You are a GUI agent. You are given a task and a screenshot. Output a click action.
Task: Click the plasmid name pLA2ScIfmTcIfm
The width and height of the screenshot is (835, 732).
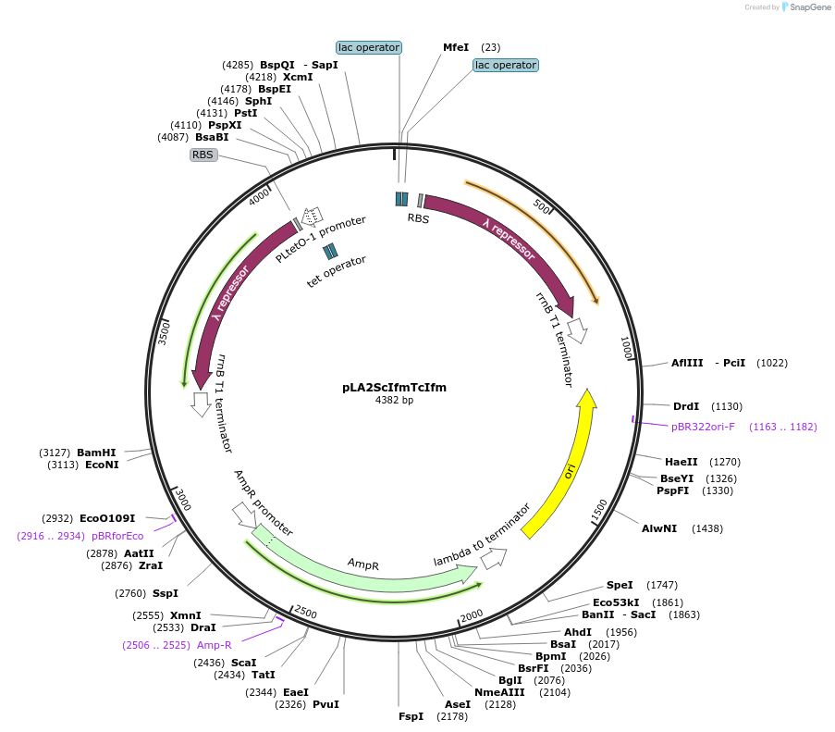[394, 388]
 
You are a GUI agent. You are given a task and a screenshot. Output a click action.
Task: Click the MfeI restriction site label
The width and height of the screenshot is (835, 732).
[456, 47]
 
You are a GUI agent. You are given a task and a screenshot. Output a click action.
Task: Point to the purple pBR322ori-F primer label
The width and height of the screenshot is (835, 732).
[703, 427]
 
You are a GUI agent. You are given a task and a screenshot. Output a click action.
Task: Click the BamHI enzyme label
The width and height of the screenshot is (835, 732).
[96, 453]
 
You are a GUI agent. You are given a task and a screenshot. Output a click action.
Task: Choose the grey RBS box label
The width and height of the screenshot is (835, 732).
[203, 155]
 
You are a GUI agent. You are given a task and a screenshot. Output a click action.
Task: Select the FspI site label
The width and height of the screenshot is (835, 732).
[411, 716]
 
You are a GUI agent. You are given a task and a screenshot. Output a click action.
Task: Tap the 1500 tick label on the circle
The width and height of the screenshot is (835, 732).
[599, 509]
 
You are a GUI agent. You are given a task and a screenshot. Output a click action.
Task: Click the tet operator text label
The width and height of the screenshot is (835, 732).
[336, 272]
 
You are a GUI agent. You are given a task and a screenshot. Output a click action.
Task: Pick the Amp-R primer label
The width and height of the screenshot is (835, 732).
[214, 645]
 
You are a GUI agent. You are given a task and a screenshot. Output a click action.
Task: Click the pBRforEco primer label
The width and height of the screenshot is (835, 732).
[117, 536]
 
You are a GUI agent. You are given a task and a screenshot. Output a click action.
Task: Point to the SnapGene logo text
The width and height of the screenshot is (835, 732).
[807, 7]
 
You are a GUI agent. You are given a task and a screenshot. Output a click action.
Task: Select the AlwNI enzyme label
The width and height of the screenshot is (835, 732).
[659, 528]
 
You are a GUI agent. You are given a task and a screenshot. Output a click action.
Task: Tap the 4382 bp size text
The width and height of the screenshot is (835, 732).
[394, 401]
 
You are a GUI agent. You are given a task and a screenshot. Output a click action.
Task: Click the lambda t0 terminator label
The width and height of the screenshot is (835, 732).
[482, 536]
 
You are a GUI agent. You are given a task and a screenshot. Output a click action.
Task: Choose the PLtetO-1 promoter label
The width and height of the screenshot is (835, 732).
[320, 240]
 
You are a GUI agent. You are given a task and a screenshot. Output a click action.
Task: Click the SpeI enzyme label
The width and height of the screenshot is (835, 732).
[620, 585]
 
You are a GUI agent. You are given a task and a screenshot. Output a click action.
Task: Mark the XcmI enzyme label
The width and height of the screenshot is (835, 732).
[298, 77]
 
